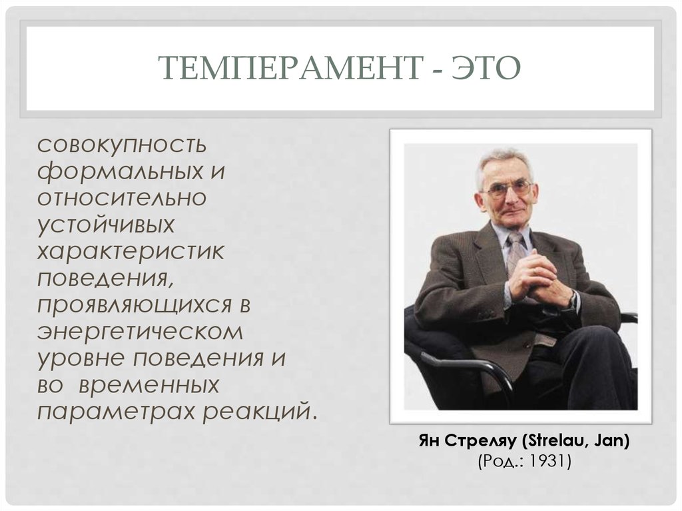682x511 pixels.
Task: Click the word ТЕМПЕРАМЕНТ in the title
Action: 291,67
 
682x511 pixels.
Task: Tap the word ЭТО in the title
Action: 486,67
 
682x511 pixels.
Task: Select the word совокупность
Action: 121,146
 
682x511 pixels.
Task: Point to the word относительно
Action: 122,198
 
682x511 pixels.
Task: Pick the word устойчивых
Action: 106,226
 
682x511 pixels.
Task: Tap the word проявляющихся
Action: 135,306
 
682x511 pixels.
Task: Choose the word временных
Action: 149,386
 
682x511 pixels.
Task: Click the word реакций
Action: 259,412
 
